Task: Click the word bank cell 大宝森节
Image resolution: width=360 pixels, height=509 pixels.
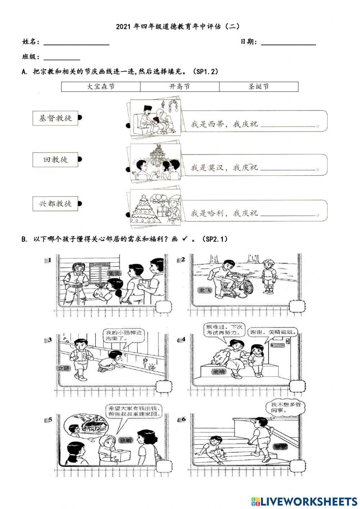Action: point(101,87)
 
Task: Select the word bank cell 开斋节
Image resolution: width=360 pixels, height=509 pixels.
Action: point(180,87)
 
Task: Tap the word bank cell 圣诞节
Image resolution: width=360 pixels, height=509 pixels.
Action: point(258,87)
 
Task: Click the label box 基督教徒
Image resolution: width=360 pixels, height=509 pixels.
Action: point(55,118)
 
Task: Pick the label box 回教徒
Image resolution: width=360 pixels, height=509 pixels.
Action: point(55,160)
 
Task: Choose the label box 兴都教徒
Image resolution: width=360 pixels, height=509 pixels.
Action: point(55,204)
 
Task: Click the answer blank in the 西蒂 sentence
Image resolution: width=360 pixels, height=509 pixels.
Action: point(288,125)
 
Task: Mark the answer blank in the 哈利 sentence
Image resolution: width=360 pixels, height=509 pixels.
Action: point(288,214)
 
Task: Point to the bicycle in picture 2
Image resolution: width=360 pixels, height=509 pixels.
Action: point(237,285)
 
